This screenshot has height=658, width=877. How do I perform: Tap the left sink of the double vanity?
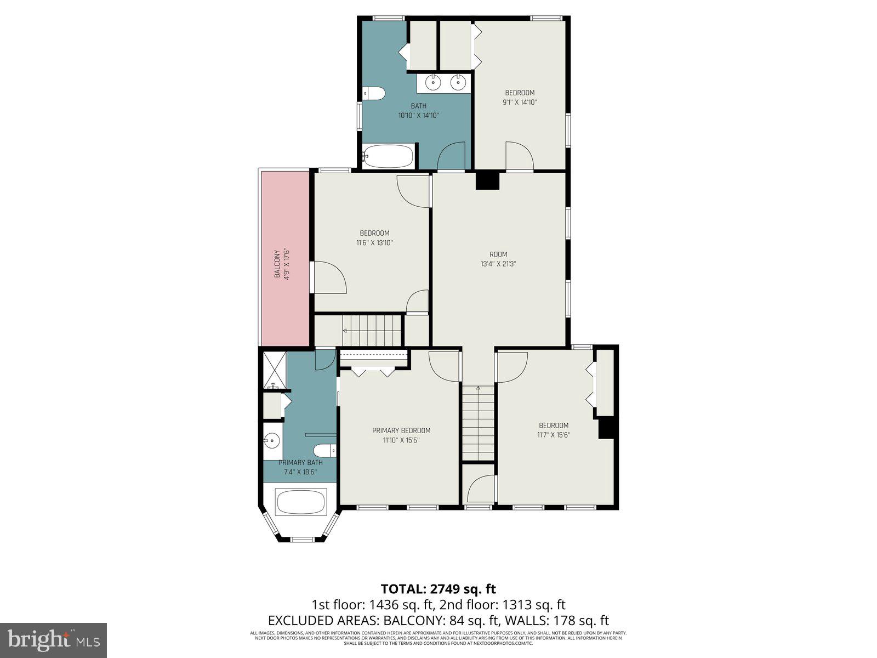(433, 83)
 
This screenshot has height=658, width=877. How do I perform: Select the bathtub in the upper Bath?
(388, 156)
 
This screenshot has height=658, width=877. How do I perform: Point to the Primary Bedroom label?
(401, 430)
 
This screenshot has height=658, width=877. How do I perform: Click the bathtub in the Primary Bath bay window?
(301, 502)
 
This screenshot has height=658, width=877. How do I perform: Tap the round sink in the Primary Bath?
(271, 440)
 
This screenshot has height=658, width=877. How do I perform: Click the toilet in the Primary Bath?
(329, 450)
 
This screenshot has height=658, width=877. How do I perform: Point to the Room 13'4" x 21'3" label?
(498, 259)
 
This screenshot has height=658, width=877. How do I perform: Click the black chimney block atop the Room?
(487, 181)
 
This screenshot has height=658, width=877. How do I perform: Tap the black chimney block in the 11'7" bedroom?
(605, 428)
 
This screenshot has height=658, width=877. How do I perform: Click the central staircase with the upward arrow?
(479, 422)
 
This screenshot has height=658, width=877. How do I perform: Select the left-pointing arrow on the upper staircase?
(345, 331)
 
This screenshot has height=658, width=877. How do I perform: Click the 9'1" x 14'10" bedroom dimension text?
(520, 102)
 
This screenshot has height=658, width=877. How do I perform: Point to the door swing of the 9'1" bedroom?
(519, 156)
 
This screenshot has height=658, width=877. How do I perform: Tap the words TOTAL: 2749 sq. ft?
(438, 589)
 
